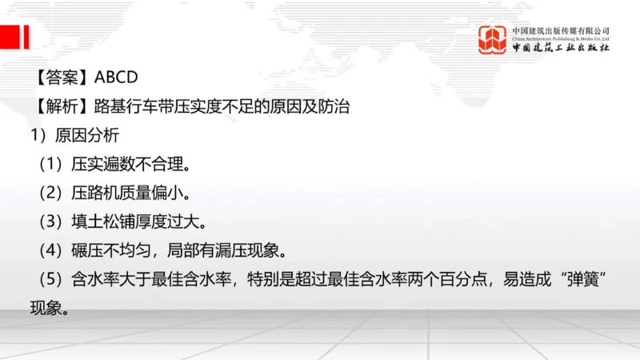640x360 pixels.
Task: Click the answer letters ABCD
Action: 117,78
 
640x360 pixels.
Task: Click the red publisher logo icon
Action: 492,39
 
